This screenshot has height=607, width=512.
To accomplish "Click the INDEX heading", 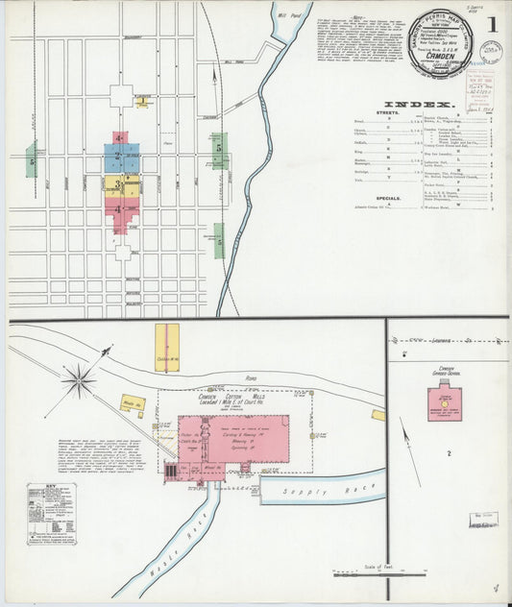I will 418,103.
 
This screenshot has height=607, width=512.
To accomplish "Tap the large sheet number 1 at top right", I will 492,22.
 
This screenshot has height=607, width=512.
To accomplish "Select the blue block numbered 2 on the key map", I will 121,157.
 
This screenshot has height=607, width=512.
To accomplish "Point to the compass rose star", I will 79,380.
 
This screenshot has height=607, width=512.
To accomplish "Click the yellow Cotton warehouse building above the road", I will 167,347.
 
